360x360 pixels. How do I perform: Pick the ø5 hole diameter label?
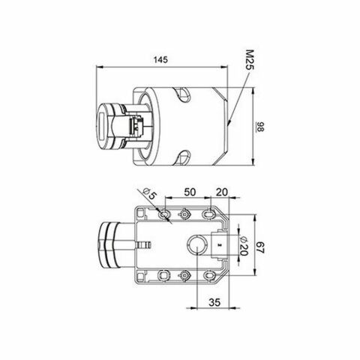[x=151, y=196]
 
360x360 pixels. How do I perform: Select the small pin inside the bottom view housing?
[x=145, y=244]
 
